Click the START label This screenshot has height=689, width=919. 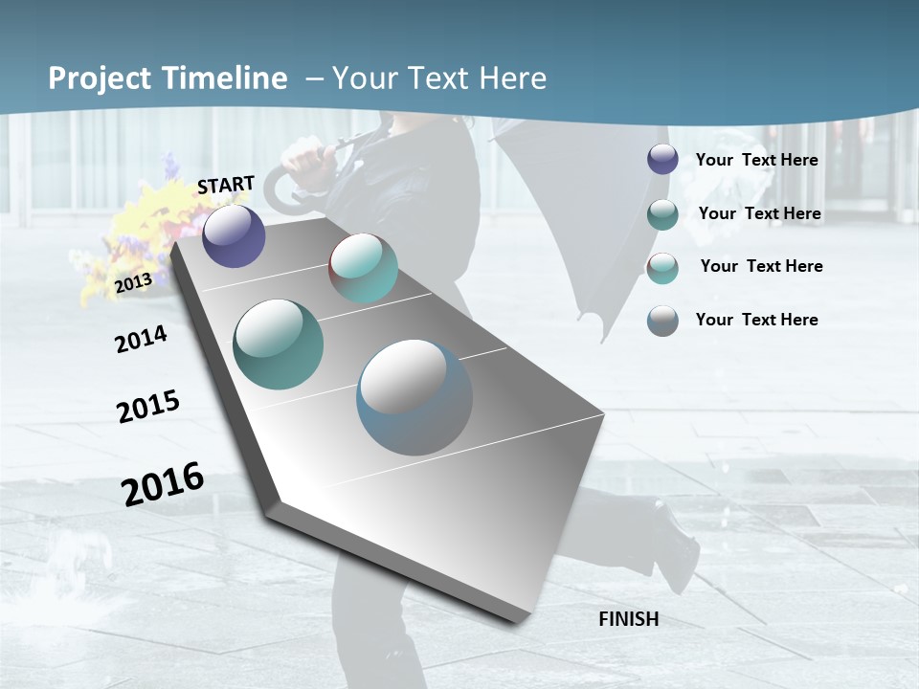click(x=226, y=185)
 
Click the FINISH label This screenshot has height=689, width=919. click(x=629, y=619)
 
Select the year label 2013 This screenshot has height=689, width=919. click(x=133, y=283)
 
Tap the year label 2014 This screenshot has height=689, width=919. click(x=141, y=340)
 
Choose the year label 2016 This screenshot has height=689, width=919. click(x=163, y=483)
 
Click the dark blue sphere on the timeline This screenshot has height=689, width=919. click(x=234, y=235)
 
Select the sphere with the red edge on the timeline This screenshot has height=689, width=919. click(x=363, y=268)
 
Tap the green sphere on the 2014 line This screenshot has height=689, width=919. click(x=278, y=344)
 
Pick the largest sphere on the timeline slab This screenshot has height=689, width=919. click(x=414, y=397)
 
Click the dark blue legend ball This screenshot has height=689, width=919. click(x=662, y=160)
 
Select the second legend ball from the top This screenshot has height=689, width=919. click(x=662, y=214)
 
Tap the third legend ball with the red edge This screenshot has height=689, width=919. click(x=662, y=268)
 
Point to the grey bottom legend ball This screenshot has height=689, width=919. click(x=662, y=321)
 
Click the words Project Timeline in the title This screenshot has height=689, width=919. click(x=168, y=78)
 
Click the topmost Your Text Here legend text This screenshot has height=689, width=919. click(x=756, y=160)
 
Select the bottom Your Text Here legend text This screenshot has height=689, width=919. click(x=756, y=320)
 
